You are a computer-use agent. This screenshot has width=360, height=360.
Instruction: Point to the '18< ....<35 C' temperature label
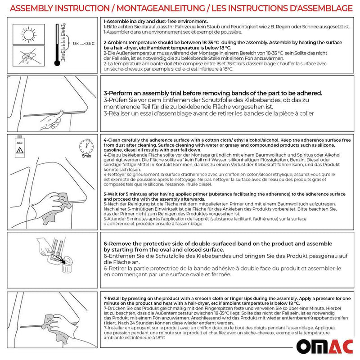point(84,44)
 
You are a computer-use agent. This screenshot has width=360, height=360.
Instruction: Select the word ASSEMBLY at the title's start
point(31,8)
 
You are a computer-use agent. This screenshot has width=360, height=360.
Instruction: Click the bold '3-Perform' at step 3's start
point(121,93)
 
